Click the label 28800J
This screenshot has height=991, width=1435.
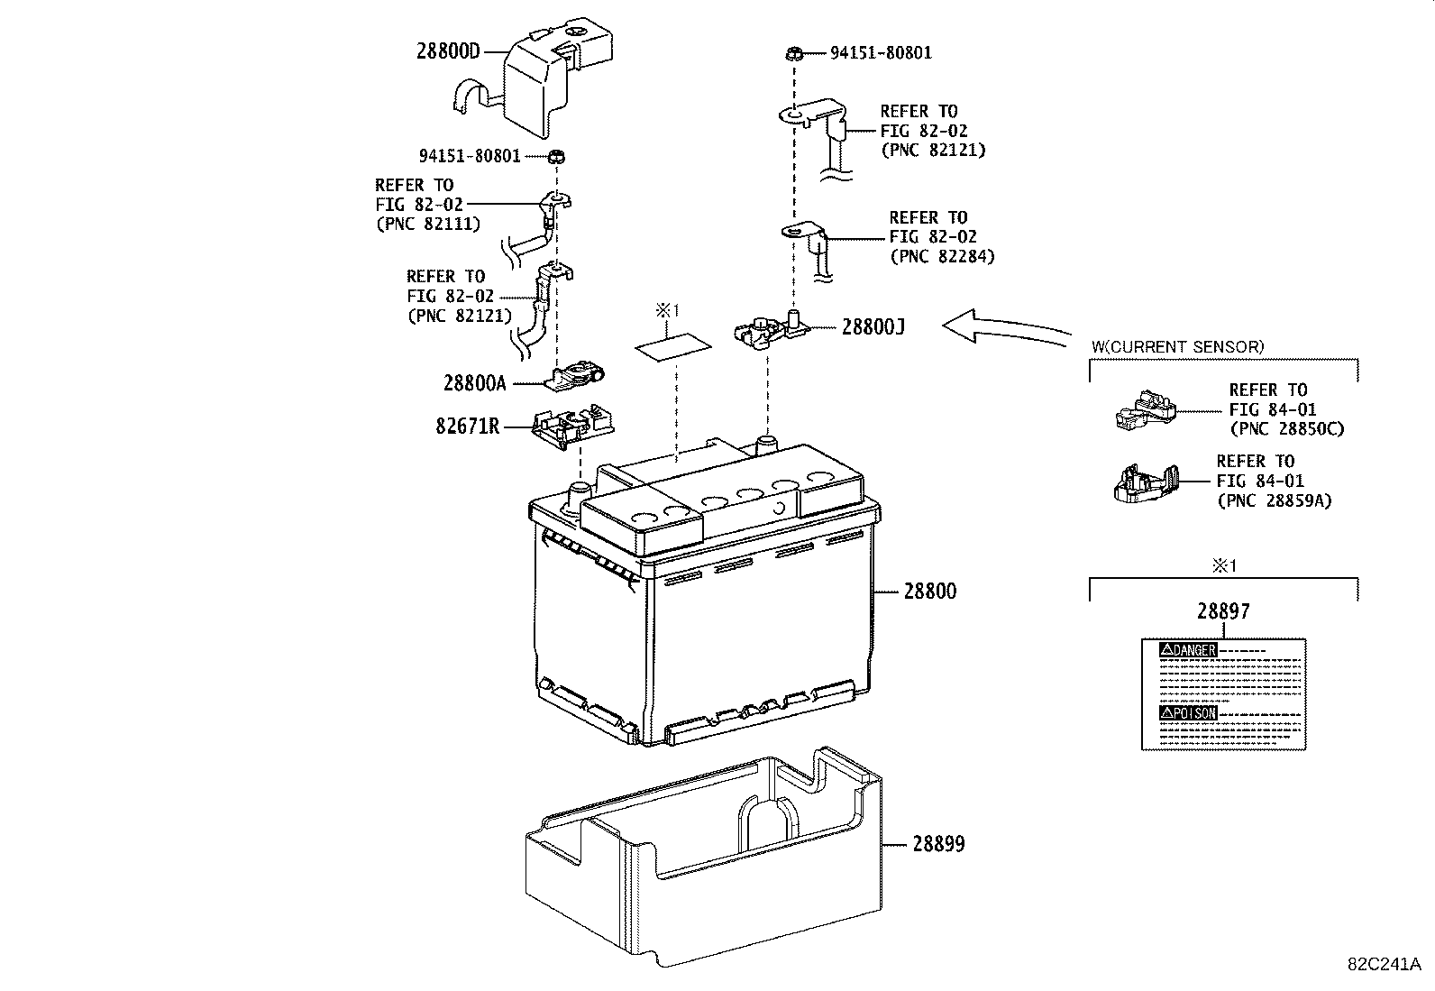pyautogui.click(x=873, y=326)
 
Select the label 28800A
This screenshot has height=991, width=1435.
pyautogui.click(x=474, y=383)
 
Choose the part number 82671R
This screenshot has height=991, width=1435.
pyautogui.click(x=467, y=426)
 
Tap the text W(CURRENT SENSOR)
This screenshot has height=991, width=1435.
pyautogui.click(x=1177, y=346)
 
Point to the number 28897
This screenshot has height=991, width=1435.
pyautogui.click(x=1223, y=611)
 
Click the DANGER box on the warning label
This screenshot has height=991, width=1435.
pyautogui.click(x=1189, y=649)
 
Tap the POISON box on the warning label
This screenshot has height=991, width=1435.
pyautogui.click(x=1189, y=712)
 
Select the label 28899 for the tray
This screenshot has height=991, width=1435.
pyautogui.click(x=938, y=844)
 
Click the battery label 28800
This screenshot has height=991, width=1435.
pyautogui.click(x=930, y=592)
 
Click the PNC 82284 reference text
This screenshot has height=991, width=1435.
pyautogui.click(x=941, y=256)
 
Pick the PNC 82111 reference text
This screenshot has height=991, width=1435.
pyautogui.click(x=427, y=224)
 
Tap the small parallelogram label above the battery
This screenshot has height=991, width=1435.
pyautogui.click(x=672, y=346)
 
